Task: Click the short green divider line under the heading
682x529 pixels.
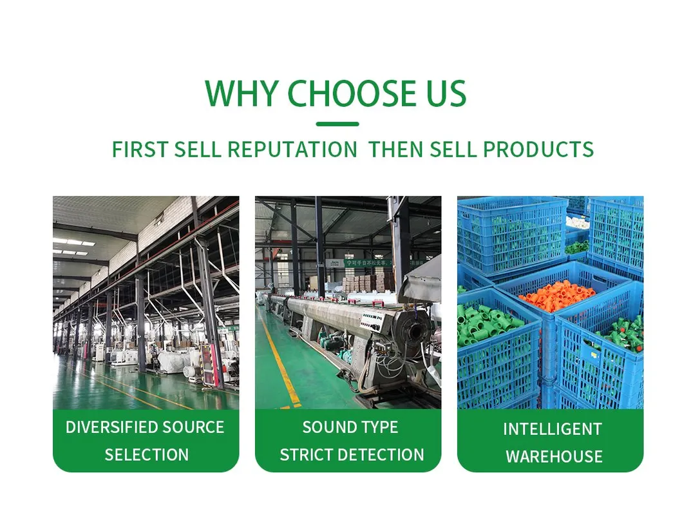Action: [x=337, y=124]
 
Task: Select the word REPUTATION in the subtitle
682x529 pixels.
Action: [x=292, y=149]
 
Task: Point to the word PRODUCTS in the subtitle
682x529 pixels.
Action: [x=538, y=149]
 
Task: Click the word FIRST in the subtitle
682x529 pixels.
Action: [x=140, y=149]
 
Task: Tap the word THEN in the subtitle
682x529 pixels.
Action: [x=395, y=149]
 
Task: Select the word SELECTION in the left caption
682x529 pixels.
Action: [x=147, y=455]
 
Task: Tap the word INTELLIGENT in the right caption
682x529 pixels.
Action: [x=553, y=429]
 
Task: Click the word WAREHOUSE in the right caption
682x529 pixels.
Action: [x=554, y=457]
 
